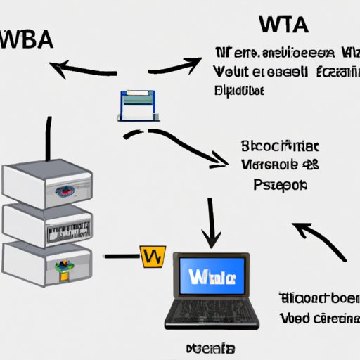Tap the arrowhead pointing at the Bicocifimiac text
(224, 165)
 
